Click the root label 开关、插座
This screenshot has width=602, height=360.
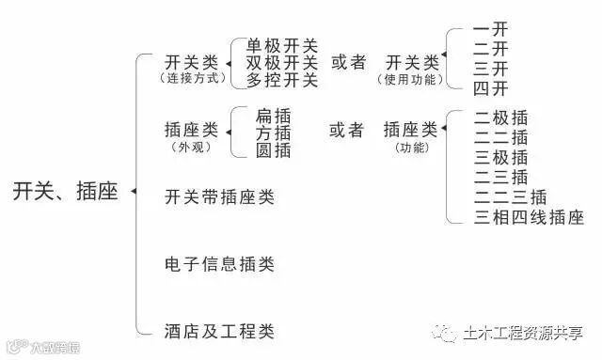point(65,192)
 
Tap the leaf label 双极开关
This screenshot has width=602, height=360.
point(282,63)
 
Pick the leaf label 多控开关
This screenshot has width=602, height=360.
point(282,80)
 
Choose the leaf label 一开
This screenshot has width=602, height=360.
point(491,29)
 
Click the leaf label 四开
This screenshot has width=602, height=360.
point(491,88)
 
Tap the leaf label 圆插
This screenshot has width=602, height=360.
point(273,149)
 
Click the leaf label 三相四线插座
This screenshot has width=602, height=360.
point(529,218)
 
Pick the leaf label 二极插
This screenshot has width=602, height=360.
point(500,117)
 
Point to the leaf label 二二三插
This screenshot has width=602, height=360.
point(510,197)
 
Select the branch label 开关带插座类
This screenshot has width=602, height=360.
point(218,197)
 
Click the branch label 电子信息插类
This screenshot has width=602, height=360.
point(218,264)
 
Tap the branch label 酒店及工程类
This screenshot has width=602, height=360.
point(218,331)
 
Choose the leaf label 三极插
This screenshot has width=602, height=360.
point(500,157)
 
